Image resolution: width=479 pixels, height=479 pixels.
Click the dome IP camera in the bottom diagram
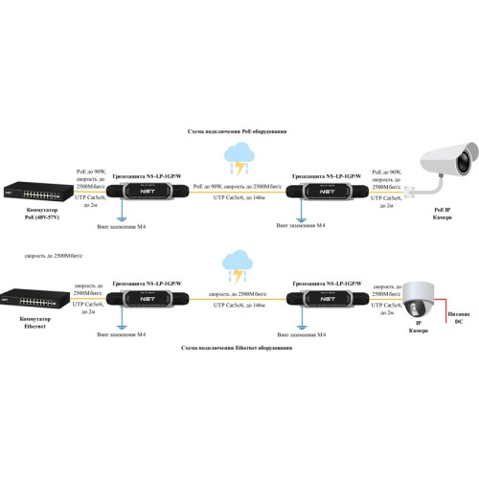point(418,299)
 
